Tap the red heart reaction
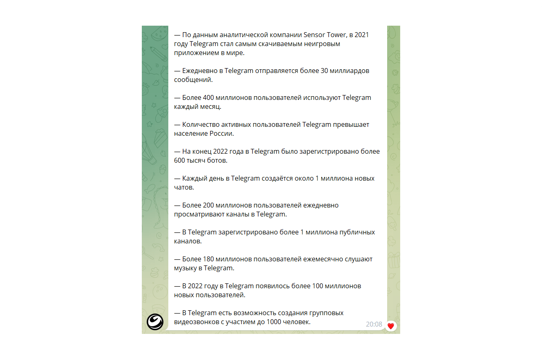pos(391,326)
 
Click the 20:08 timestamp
pos(374,325)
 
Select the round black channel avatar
pos(155,322)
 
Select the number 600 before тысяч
pos(180,160)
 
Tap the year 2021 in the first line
pos(361,35)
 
